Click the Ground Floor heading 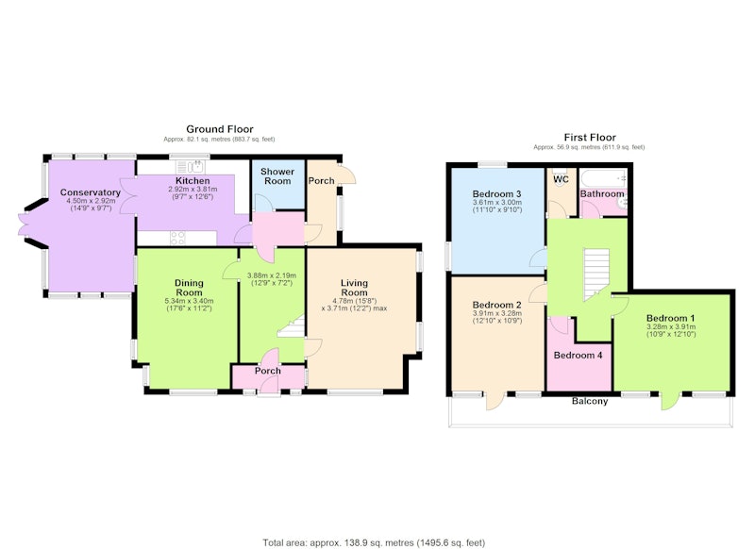coord(220,129)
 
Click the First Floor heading coord(590,138)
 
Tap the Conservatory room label coord(90,192)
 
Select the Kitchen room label coord(193,181)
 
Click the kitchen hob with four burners coord(178,238)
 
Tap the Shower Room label coord(277,176)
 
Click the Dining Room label coord(189,288)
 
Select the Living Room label coord(355,288)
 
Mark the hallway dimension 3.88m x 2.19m coord(272,275)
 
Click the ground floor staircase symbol coord(292,326)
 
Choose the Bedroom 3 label coord(497,194)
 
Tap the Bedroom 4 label coord(578,356)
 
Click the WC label coord(561,179)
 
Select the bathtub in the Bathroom coord(604,178)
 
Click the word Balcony coord(590,401)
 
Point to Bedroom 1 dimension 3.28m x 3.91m coord(671,326)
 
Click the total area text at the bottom coord(374,542)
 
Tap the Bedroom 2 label coord(497,305)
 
